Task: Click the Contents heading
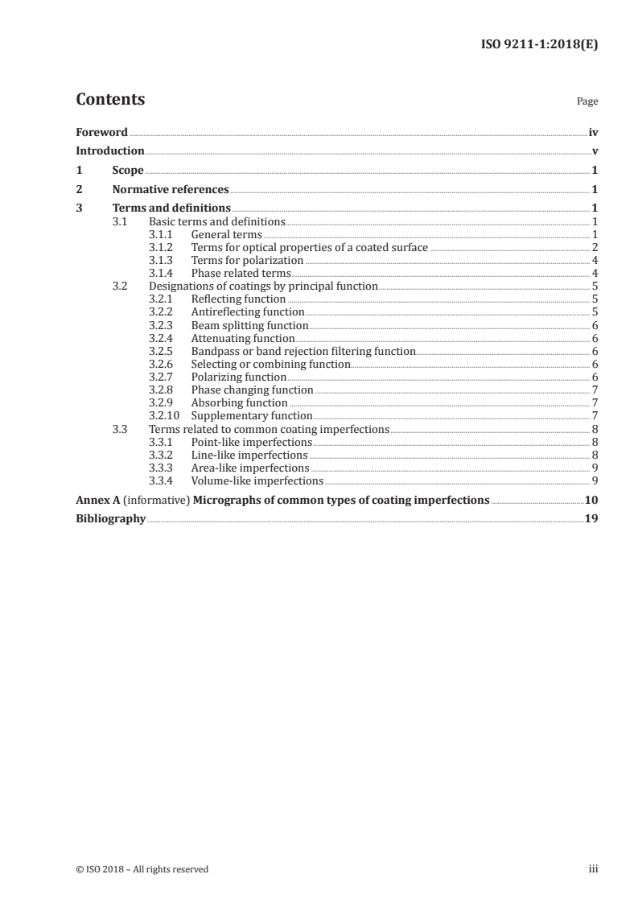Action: point(110,100)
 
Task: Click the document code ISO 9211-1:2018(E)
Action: point(538,45)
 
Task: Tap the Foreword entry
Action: point(101,132)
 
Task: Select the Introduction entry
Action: point(110,151)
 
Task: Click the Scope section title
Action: point(128,171)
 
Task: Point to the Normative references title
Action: point(171,190)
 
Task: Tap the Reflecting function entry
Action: point(238,299)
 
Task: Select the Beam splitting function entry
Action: point(249,325)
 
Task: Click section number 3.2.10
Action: point(164,415)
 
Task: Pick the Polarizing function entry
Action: point(238,377)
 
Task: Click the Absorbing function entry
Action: point(239,402)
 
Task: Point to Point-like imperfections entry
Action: point(251,442)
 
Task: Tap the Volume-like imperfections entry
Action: point(257,480)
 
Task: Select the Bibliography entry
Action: point(110,519)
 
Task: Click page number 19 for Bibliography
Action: point(591,519)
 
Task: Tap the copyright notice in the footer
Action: point(142,869)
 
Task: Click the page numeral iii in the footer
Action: point(593,869)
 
